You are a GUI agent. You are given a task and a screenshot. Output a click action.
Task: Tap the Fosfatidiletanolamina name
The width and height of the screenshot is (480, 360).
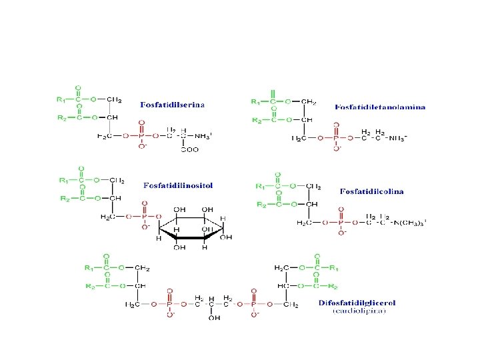(381, 107)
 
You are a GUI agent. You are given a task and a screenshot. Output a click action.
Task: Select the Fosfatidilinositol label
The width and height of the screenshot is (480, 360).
(178, 185)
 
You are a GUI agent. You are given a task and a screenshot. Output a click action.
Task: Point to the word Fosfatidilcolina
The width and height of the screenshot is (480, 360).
(371, 191)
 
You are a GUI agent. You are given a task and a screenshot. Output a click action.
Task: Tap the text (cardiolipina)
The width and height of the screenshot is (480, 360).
(357, 311)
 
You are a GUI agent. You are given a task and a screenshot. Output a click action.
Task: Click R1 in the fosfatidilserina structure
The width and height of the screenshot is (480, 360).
(61, 100)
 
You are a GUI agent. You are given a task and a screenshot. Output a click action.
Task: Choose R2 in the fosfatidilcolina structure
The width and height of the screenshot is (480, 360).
(262, 204)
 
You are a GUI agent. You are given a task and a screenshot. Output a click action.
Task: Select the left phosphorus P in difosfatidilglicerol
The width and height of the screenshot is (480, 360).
(169, 304)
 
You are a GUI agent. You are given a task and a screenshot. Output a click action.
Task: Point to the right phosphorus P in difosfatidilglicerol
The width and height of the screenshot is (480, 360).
(254, 304)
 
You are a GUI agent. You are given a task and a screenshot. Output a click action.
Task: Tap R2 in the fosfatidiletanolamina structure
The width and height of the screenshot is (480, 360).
(255, 121)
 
